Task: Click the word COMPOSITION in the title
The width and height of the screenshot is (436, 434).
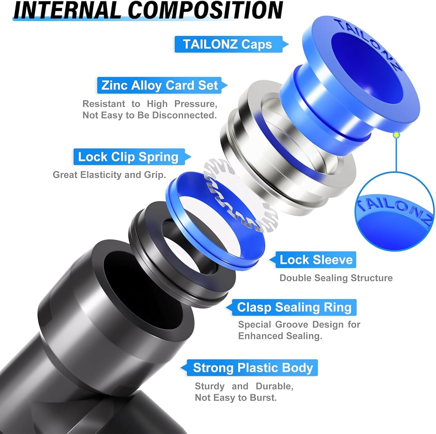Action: coord(205,10)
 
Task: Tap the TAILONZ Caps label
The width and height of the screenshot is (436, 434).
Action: coord(228,44)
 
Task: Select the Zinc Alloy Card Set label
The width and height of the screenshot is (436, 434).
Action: coord(159,85)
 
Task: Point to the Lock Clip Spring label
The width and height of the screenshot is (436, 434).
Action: coord(128,157)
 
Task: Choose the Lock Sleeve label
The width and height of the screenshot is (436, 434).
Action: coord(316,260)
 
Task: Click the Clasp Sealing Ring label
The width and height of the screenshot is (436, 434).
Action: coord(294,307)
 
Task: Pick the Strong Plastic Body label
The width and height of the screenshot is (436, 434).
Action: coord(253,368)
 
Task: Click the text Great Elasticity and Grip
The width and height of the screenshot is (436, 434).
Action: coord(109,175)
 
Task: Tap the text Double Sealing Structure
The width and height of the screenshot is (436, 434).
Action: coord(336,278)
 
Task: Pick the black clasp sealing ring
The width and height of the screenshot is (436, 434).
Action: coord(145,232)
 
